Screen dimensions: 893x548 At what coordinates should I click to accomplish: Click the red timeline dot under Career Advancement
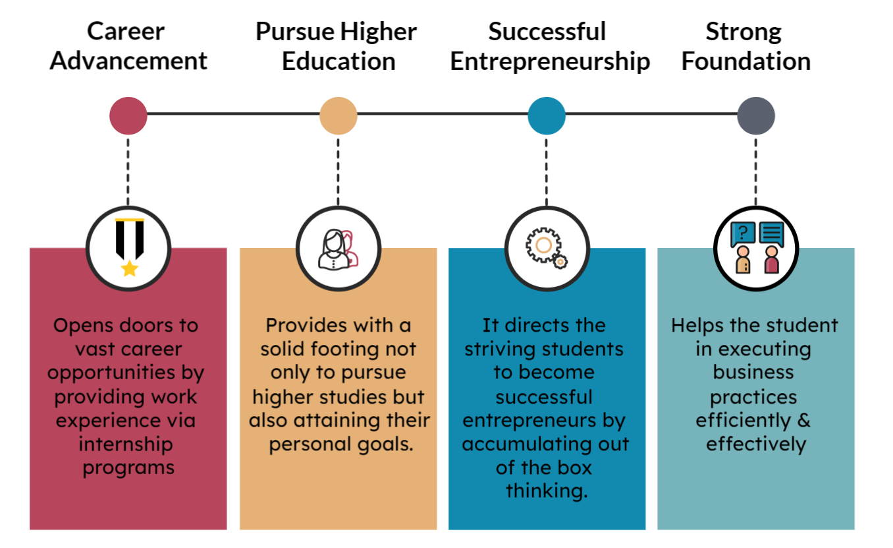[x=128, y=116]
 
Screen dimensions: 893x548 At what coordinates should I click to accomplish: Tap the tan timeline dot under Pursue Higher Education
[x=338, y=116]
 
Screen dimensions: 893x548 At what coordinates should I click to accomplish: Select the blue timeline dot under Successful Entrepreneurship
[x=547, y=116]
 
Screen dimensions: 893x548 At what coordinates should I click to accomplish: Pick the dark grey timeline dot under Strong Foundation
[x=756, y=116]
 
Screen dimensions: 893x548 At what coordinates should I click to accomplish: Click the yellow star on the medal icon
[x=130, y=268]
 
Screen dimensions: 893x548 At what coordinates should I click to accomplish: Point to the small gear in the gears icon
[x=560, y=262]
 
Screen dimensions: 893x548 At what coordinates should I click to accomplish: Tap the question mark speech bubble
[x=743, y=234]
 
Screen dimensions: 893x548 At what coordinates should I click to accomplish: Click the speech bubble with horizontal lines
[x=771, y=234]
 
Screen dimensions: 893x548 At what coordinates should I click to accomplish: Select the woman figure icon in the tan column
[x=334, y=250]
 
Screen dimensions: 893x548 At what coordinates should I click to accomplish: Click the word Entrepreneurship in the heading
[x=550, y=61]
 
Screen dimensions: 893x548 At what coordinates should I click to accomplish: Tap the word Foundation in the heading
[x=746, y=61]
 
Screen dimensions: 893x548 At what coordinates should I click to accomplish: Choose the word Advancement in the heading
[x=128, y=61]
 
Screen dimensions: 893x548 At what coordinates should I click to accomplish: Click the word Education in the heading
[x=338, y=61]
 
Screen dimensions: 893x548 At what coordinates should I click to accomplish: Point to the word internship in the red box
[x=126, y=444]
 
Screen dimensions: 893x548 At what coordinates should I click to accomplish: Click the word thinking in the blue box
[x=547, y=491]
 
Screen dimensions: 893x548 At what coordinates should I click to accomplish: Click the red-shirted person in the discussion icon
[x=771, y=260]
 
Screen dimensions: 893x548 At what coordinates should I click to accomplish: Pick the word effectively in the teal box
[x=756, y=444]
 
